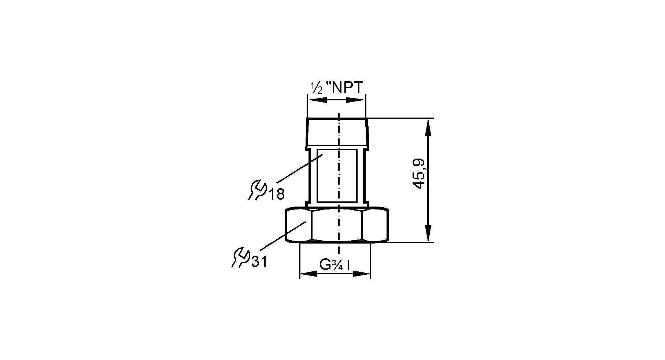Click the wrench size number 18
277,194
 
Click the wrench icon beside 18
257,190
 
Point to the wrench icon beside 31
240,257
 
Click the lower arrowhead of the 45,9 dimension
428,233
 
